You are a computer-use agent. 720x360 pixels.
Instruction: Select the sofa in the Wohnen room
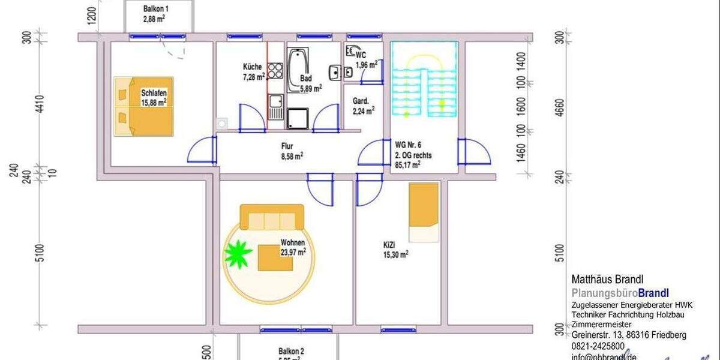[272, 217]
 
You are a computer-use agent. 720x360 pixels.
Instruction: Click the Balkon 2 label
[291, 352]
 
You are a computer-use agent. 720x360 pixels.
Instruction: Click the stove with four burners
[275, 71]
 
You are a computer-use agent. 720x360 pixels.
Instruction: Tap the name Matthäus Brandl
[607, 280]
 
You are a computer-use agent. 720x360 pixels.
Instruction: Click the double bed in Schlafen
[144, 106]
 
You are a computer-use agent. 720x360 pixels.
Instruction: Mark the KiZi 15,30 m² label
[395, 250]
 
